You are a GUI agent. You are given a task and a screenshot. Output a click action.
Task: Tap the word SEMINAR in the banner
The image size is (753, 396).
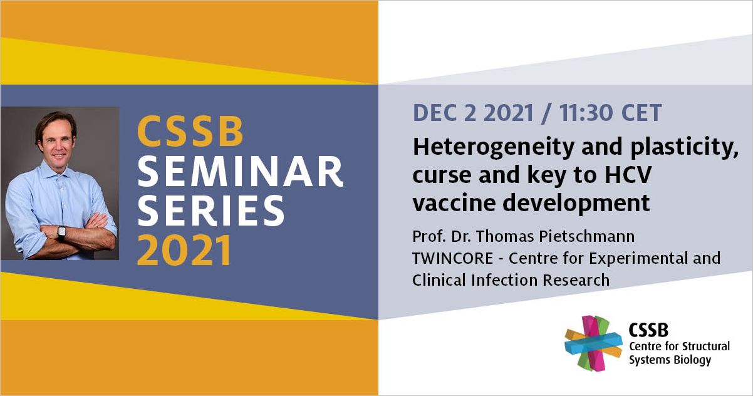pos(241,172)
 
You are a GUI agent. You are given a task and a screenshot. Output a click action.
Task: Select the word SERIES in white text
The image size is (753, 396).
pos(211,210)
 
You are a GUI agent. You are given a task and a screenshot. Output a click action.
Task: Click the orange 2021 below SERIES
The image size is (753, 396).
pos(184,250)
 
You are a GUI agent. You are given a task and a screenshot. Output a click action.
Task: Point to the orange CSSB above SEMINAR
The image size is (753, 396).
pos(190,132)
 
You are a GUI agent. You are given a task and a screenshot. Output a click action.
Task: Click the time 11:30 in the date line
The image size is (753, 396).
pos(586,113)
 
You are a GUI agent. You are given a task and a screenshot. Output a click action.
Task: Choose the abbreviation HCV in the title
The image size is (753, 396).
pos(628,174)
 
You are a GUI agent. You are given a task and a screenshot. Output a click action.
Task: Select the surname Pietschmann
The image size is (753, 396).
pos(587,236)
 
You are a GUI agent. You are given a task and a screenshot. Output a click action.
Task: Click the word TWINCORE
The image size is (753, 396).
pos(452,258)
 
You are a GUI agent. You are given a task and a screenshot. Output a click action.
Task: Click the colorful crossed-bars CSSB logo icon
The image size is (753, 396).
pos(593,343)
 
